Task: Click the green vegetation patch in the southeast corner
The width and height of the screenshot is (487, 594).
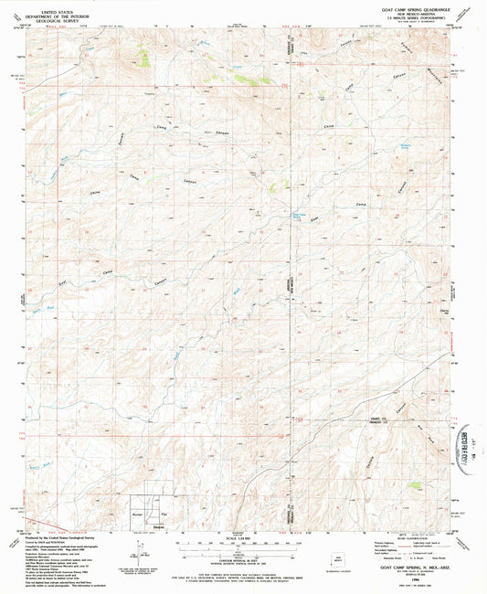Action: (417, 486)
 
